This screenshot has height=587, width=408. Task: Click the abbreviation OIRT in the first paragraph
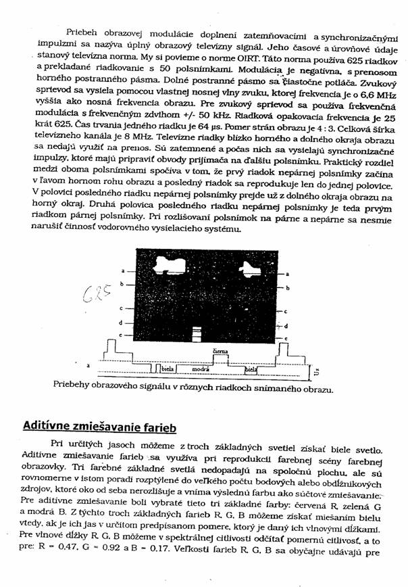click(x=230, y=76)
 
